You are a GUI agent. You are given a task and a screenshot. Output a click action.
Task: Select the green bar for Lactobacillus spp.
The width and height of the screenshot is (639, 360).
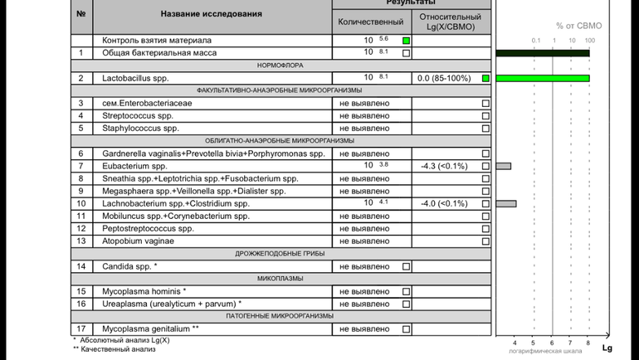coord(543,78)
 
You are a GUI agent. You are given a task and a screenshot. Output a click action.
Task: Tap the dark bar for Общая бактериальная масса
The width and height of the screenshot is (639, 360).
coord(543,53)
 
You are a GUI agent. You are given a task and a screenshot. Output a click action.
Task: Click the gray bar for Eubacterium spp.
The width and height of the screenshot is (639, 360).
coord(503,166)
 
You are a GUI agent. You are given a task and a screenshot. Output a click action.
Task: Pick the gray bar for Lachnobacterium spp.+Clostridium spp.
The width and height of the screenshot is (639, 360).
coord(505,203)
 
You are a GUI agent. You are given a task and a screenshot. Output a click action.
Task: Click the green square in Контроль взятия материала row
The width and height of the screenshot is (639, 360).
coord(406,40)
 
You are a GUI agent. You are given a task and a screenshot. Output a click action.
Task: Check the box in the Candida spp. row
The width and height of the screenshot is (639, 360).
coord(406,266)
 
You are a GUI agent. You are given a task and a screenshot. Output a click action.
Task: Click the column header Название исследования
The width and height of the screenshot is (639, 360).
coord(211,14)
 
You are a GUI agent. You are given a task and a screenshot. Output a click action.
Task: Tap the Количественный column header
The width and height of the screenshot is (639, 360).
coord(372,22)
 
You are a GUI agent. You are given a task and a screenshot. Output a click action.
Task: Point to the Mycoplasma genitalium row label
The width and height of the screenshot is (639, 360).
coord(150,328)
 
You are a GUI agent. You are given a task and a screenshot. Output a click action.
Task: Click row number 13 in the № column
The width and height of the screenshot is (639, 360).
coord(80,241)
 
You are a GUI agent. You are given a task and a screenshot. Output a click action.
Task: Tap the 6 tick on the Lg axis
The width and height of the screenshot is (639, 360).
coord(551,342)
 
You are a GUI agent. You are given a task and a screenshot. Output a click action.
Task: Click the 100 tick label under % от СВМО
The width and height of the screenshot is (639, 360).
coord(589,41)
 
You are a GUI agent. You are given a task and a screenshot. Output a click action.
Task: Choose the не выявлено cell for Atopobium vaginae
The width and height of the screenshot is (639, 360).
coord(364,241)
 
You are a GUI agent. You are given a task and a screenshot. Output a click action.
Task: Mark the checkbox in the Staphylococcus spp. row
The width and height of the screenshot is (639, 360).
coord(485,129)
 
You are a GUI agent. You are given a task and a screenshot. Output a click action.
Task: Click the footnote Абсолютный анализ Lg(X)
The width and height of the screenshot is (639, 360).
coord(124,340)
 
